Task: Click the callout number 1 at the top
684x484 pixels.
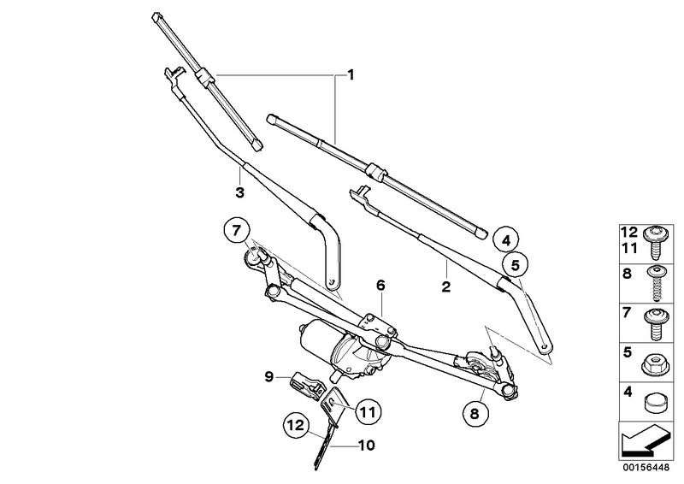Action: pos(350,75)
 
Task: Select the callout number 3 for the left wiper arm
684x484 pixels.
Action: pos(240,192)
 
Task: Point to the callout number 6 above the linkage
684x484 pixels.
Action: pos(380,285)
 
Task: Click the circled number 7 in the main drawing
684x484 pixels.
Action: pos(236,230)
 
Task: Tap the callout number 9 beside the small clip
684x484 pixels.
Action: pos(268,375)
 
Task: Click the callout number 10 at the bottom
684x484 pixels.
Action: pos(366,446)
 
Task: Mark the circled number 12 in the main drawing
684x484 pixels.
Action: pos(296,424)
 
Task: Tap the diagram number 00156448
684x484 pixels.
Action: pos(647,469)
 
